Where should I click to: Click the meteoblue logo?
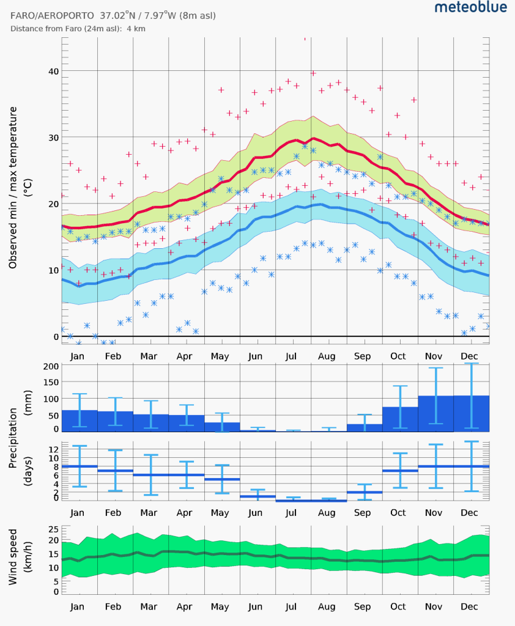470,7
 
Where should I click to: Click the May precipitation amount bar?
222,427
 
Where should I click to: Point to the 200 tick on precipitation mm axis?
51,366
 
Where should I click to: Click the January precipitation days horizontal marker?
80,466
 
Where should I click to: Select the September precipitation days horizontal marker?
365,492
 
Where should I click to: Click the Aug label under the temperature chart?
328,356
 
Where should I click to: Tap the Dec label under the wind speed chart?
470,607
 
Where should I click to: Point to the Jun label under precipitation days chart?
256,512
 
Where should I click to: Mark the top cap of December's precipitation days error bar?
471,441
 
